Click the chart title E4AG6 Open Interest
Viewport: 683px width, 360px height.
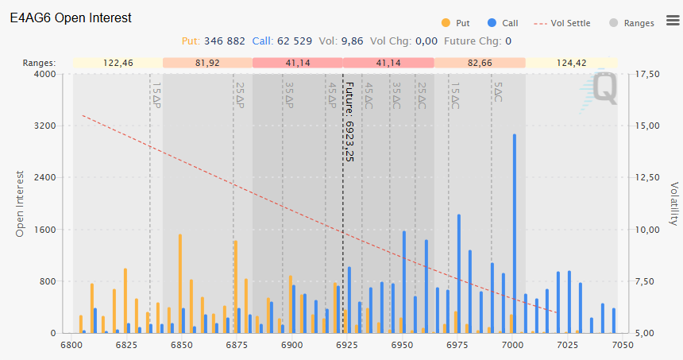71,17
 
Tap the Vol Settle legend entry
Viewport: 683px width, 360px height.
565,23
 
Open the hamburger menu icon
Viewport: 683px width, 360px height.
672,21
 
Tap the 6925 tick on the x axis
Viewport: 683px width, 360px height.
345,346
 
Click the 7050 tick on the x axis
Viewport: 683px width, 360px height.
621,346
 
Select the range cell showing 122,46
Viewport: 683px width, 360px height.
118,62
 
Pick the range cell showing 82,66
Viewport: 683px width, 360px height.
479,62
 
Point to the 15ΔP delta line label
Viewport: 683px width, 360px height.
156,95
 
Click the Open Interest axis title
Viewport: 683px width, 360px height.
21,203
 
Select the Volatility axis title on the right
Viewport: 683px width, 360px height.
673,203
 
